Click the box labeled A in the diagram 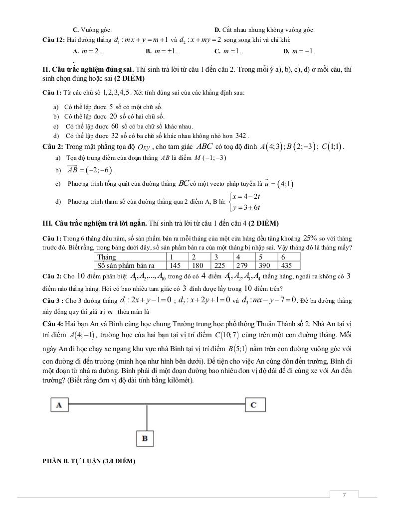pyautogui.click(x=59, y=405)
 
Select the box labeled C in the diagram pyautogui.click(x=253, y=405)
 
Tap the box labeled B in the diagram pyautogui.click(x=145, y=438)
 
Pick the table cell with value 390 pyautogui.click(x=264, y=265)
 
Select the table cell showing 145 pyautogui.click(x=175, y=265)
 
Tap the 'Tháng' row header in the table pyautogui.click(x=107, y=257)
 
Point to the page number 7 pyautogui.click(x=344, y=495)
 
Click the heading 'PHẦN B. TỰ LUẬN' pyautogui.click(x=89, y=461)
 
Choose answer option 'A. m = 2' pyautogui.click(x=87, y=51)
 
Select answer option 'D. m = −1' pyautogui.click(x=299, y=51)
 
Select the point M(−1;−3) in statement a pyautogui.click(x=212, y=158)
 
